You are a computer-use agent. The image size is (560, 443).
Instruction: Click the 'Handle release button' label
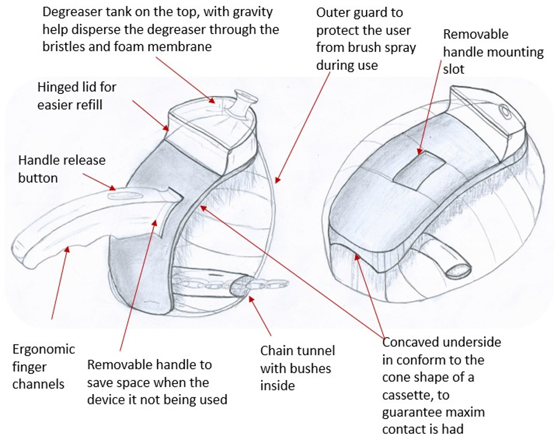coord(62,168)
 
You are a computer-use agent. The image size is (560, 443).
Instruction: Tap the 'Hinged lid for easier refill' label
coord(77,96)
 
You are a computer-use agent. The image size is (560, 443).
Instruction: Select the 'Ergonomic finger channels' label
coord(44,366)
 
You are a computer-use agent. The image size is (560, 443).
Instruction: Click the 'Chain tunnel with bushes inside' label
coord(297,368)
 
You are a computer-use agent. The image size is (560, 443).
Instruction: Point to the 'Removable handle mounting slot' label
coord(493,52)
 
